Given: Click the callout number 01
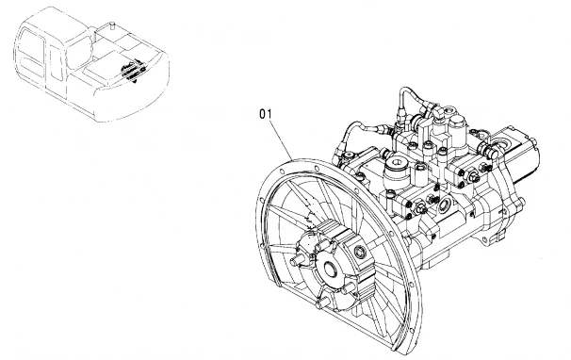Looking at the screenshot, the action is (266, 114).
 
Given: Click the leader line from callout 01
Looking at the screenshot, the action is (281, 139).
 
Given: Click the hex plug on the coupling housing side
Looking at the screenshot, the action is (361, 251).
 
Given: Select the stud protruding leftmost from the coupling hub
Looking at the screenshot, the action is (299, 260).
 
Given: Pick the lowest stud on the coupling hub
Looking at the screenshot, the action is (323, 303).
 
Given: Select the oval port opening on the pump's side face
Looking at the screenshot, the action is (445, 205).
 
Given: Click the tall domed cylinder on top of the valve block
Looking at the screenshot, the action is (456, 127).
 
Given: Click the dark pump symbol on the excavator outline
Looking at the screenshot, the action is (132, 71).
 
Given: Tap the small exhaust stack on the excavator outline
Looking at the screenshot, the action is (112, 25).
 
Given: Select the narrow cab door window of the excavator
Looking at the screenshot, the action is (57, 62).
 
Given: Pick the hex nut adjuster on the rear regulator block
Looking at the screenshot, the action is (475, 177).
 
